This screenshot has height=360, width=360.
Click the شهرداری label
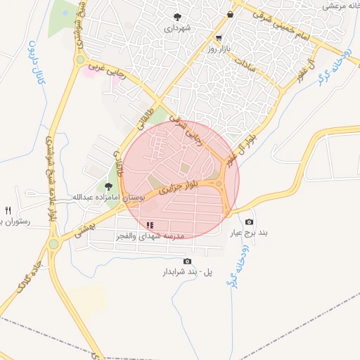pos(177,29)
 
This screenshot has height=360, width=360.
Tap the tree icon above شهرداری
pos(177,17)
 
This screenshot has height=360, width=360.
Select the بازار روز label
pos(219,50)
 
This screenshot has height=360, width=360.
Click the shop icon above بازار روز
pos(219,38)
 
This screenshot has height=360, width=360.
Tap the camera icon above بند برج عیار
pos(249,221)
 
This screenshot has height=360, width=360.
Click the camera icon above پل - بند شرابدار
pos(186,261)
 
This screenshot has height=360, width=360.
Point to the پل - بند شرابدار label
pos(187,271)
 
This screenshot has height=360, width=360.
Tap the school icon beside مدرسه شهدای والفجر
pos(150,225)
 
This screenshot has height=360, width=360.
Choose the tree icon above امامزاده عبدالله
pos(108,186)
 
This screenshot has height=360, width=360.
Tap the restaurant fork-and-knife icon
pos(8,210)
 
